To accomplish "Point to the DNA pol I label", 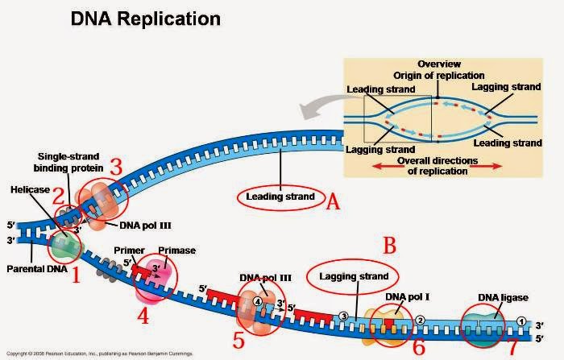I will (x=407, y=297).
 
